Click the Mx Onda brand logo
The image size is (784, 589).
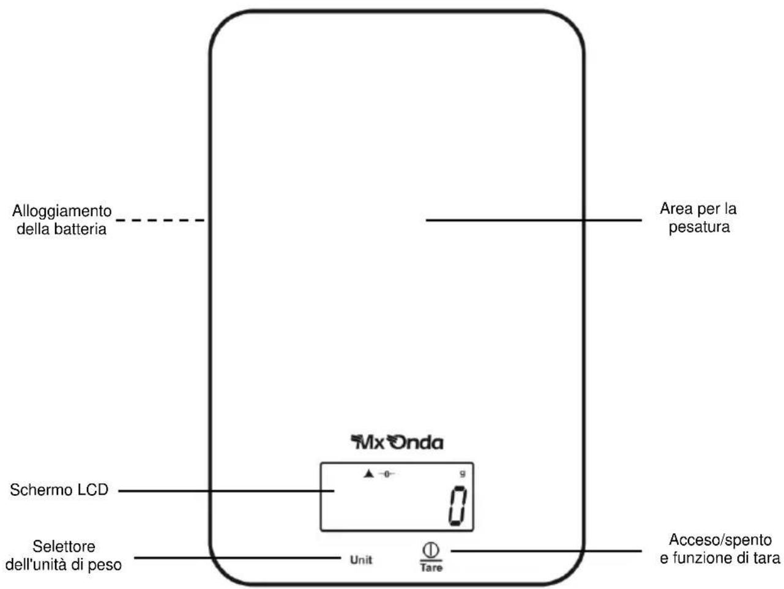(397, 443)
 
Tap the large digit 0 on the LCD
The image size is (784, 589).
(457, 506)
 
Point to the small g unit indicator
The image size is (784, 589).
(463, 474)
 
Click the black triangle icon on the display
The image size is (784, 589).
(368, 474)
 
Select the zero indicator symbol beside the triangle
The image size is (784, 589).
(387, 474)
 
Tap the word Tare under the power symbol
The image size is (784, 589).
(431, 568)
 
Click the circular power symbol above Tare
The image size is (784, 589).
(431, 550)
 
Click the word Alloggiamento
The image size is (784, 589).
(62, 211)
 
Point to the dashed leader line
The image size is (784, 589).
(160, 220)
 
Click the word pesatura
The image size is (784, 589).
(699, 228)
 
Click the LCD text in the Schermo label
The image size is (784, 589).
(93, 490)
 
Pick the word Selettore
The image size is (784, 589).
(64, 546)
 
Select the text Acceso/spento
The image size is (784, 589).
(720, 539)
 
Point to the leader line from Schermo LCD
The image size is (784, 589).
(226, 491)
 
